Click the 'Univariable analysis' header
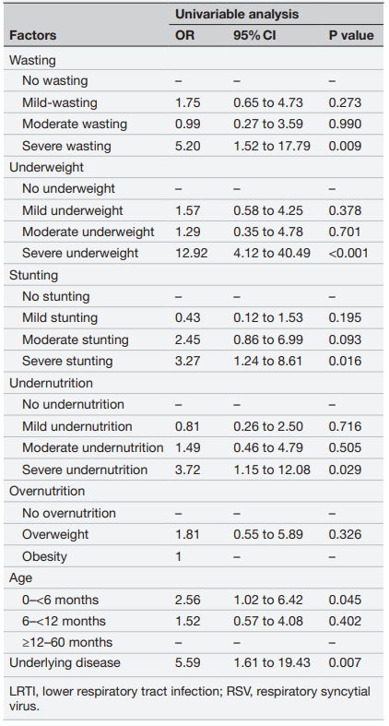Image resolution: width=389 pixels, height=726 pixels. pos(236,14)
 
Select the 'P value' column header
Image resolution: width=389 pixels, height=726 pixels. pos(351,35)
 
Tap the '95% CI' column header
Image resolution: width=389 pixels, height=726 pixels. pos(254,35)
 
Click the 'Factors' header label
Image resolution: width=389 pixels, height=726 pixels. pos(33,35)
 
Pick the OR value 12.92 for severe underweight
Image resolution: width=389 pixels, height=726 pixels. pos(191,254)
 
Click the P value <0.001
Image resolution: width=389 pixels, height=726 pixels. pos(348,254)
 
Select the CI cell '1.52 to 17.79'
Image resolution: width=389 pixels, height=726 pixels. pos(272,146)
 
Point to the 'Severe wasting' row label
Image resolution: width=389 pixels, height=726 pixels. pos(66,146)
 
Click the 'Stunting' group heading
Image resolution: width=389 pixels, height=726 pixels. pos(34,275)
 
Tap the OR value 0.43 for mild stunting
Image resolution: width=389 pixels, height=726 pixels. pos(187,318)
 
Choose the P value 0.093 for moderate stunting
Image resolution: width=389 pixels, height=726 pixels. pos(345,339)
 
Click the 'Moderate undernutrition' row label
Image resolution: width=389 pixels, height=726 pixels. pos(92,447)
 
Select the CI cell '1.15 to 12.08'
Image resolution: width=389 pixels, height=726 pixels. pos(272,470)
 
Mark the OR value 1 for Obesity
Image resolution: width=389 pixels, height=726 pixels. pos(179,556)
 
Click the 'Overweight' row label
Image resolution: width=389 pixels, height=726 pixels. pos(55,534)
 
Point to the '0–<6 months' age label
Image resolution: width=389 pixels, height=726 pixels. pos(60,600)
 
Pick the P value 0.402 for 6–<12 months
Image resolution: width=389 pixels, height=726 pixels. pos(345,621)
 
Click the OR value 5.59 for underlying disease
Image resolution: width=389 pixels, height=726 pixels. pos(187,662)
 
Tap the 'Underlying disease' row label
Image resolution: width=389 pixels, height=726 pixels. pos(65,662)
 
